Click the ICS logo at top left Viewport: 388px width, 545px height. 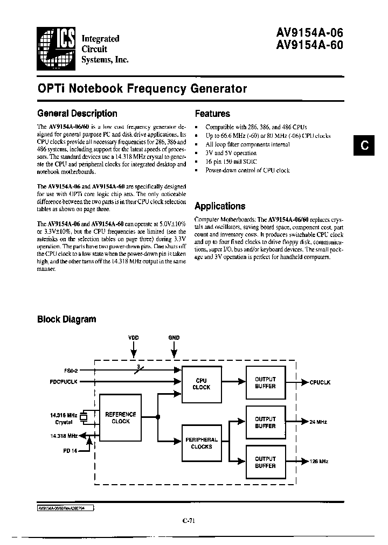point(56,48)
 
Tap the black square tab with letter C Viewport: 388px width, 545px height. point(364,146)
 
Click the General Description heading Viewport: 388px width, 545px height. point(77,114)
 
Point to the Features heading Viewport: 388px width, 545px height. point(212,114)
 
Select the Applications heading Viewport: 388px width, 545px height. point(220,206)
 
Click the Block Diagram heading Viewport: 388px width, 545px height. point(66,319)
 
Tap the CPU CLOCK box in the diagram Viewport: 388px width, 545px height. point(202,384)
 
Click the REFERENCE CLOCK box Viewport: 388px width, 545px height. point(121,418)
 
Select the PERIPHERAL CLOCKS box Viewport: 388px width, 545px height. point(202,443)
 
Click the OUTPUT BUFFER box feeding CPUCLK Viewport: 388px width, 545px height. point(265,383)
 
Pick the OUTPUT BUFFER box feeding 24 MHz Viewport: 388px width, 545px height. point(265,422)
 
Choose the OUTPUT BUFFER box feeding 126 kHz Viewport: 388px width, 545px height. point(265,462)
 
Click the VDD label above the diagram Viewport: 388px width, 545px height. point(133,337)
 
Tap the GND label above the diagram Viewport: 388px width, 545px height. point(174,337)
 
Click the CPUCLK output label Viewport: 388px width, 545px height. point(320,382)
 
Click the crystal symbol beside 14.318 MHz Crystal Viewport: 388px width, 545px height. point(84,417)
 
